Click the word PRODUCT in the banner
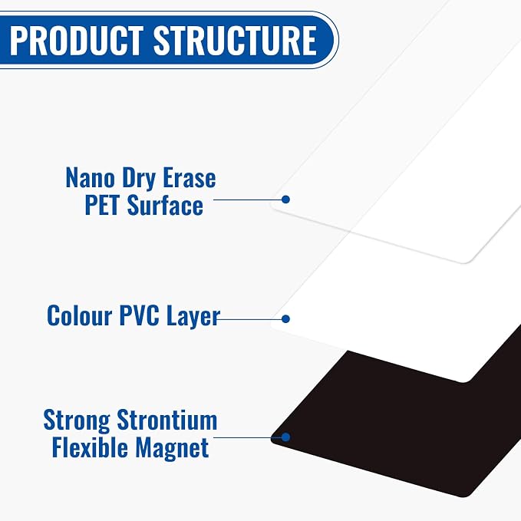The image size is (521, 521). [77, 40]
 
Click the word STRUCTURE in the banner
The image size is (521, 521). [235, 40]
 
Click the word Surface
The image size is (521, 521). [165, 205]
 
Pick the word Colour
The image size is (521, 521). [79, 315]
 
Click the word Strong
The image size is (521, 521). [77, 421]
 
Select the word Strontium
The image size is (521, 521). [167, 420]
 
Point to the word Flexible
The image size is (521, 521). [90, 447]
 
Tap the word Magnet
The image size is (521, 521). [172, 449]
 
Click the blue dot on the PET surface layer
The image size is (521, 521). [285, 199]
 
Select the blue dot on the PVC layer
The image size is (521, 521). [285, 319]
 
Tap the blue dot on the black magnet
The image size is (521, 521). [285, 437]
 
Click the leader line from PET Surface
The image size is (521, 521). [248, 199]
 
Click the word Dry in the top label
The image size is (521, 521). [139, 179]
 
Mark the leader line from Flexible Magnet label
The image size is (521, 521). [248, 437]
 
